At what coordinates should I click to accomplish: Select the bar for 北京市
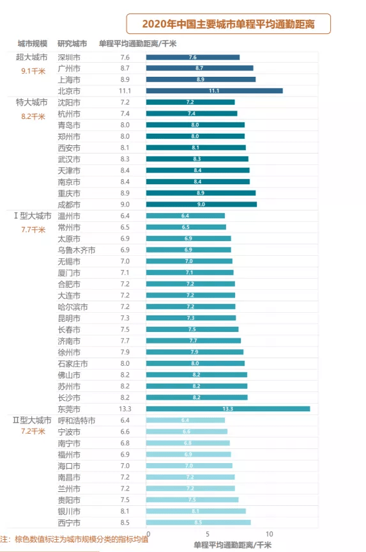point(214,91)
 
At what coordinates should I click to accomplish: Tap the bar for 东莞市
point(227,409)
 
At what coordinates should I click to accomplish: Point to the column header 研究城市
point(72,43)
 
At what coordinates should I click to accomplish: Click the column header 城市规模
point(32,43)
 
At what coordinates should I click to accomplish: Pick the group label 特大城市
point(31,102)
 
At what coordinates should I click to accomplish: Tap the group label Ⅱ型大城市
point(32,420)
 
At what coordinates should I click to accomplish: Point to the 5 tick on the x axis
point(208,533)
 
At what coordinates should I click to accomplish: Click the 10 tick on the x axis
point(269,533)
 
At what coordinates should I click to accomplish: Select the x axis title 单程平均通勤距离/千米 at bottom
point(232,544)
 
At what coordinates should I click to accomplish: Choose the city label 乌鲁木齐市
point(76,250)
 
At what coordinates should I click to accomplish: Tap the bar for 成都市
point(201,204)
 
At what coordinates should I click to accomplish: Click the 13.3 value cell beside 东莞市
point(125,409)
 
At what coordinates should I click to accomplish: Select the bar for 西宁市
point(198,522)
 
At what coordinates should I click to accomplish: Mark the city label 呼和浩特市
point(76,420)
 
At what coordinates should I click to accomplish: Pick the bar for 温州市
point(185,216)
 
